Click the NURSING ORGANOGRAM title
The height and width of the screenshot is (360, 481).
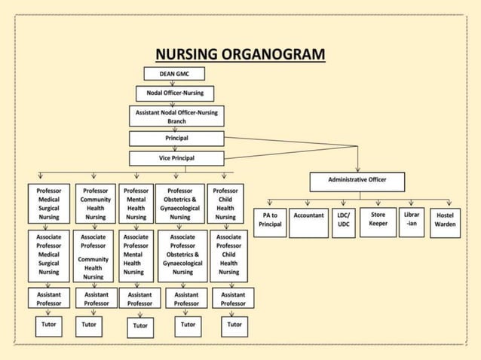[x=240, y=54]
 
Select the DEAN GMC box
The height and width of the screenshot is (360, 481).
[x=175, y=75]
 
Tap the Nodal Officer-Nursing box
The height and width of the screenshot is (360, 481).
[x=175, y=93]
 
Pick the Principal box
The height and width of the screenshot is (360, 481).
[x=176, y=139]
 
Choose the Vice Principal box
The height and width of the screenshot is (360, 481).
[x=176, y=158]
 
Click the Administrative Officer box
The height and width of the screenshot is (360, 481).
[x=358, y=181]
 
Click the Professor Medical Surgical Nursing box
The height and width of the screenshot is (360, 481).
[x=49, y=204]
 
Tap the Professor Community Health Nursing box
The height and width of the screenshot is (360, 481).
[x=95, y=204]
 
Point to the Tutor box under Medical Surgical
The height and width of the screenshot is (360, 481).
[x=49, y=325]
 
